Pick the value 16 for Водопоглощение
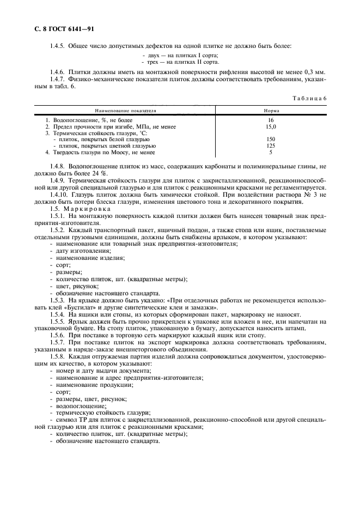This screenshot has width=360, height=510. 271,120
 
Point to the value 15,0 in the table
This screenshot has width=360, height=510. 271,126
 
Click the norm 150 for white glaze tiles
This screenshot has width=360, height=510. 271,139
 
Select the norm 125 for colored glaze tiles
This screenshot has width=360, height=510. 271,146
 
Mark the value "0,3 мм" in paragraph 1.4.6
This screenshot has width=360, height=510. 315,72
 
